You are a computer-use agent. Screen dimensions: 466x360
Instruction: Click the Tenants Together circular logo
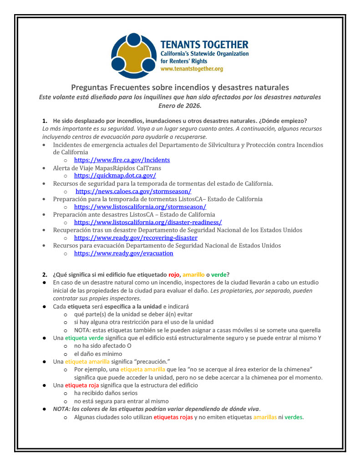133,56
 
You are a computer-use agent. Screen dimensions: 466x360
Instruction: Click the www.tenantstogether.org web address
192,69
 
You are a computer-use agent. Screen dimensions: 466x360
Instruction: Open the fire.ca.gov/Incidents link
122,160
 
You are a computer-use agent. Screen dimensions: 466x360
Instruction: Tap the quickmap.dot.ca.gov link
115,175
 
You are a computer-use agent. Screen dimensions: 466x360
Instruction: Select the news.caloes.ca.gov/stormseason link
133,191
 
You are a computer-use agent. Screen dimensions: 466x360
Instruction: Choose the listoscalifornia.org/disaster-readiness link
148,222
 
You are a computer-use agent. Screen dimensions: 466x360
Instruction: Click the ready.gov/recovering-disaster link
136,238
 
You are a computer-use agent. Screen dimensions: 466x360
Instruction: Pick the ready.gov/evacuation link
123,253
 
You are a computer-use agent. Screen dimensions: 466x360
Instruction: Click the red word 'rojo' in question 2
174,274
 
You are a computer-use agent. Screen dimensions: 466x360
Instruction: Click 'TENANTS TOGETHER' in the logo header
204,45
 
